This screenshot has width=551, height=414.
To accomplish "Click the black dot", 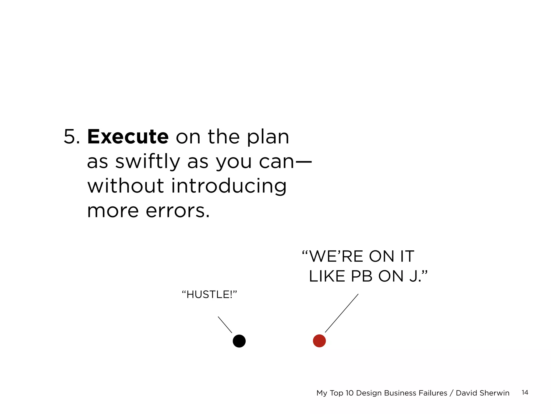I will point(239,341).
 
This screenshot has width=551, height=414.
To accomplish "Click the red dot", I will point(319,341).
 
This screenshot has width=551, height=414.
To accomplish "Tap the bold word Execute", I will point(128,137).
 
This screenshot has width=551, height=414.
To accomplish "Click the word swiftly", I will point(147,161).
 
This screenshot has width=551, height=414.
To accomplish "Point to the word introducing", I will point(229,186).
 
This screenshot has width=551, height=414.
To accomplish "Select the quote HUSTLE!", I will point(209,295).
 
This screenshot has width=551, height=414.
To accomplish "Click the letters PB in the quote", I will point(362,276).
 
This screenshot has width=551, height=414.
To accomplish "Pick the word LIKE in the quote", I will point(327,276).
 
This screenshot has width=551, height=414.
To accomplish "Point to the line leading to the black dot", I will point(225,325).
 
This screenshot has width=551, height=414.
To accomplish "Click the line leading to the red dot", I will point(342,313).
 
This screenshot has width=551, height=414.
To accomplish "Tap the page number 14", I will point(525,392).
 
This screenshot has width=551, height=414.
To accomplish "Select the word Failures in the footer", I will point(432,393).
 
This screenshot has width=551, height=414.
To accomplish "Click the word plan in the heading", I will point(268,137).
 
